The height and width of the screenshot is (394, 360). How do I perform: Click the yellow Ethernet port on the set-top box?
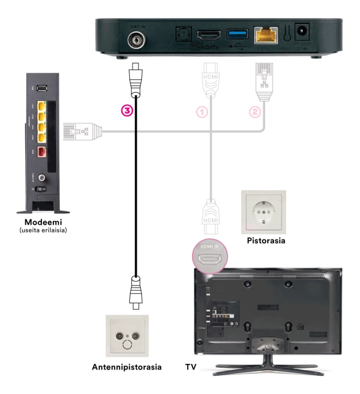(x=266, y=35)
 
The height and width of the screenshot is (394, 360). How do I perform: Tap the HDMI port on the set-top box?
(x=208, y=35)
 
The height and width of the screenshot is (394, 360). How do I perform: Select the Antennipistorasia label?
(x=127, y=367)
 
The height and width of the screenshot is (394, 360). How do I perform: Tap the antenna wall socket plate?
(x=127, y=335)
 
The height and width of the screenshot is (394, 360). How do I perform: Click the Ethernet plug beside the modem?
(x=81, y=131)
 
